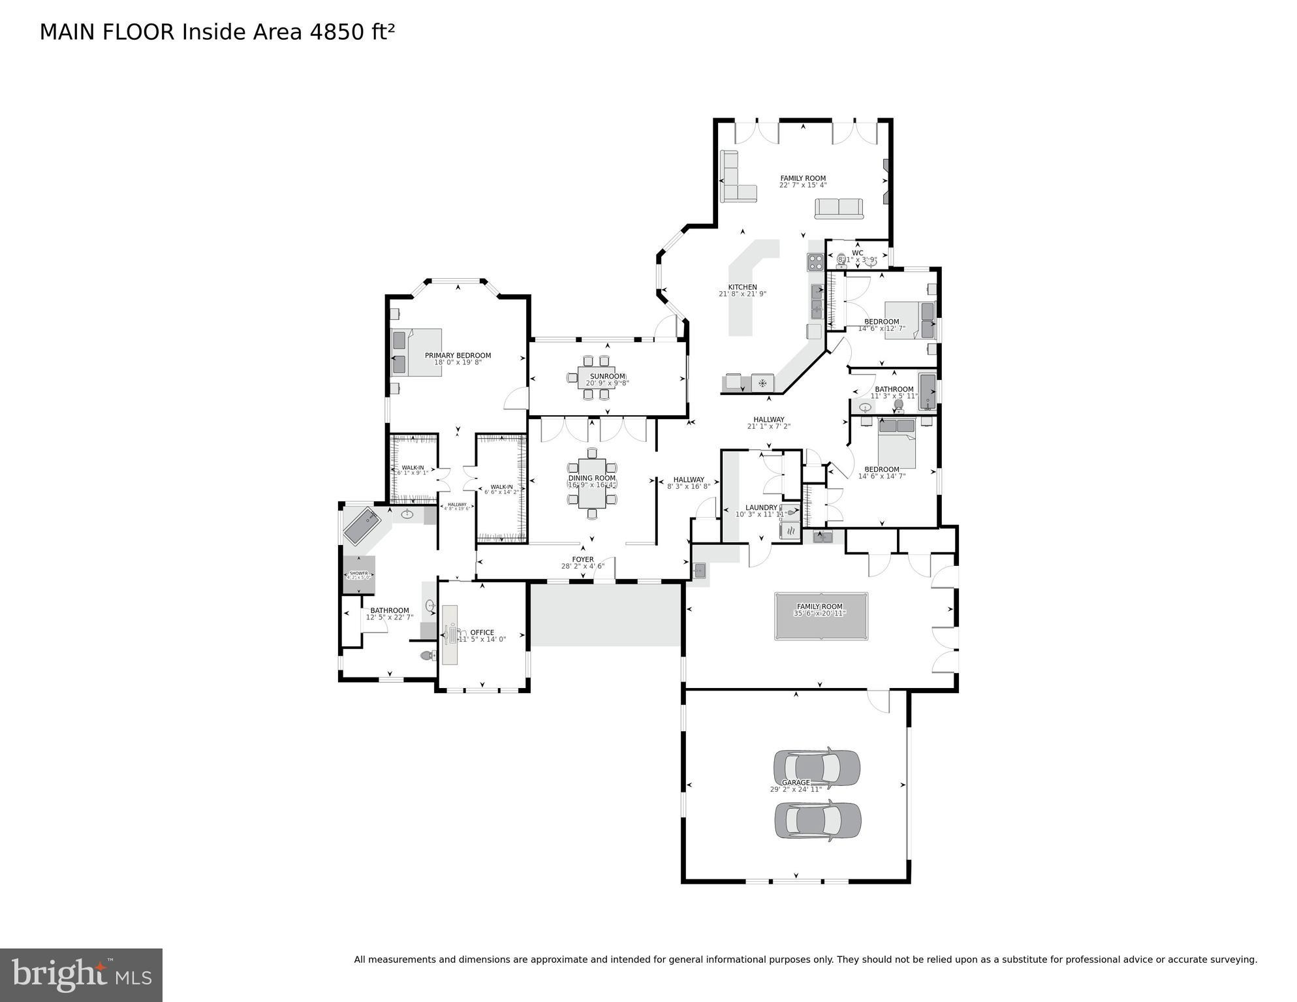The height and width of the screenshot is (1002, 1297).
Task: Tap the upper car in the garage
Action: pyautogui.click(x=816, y=766)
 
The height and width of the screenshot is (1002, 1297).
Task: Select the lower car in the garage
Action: pyautogui.click(x=817, y=820)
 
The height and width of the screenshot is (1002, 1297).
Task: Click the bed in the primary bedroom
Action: pyautogui.click(x=416, y=352)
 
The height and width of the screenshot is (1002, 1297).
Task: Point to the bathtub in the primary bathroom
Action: pyautogui.click(x=362, y=526)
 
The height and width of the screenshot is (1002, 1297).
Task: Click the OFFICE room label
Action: pyautogui.click(x=482, y=633)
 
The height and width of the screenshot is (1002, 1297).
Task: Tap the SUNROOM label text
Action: pyautogui.click(x=607, y=377)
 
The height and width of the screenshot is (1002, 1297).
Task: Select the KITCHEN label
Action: pyautogui.click(x=742, y=287)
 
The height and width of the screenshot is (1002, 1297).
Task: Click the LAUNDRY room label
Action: pyautogui.click(x=761, y=508)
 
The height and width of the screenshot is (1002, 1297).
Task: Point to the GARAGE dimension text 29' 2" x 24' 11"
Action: pyautogui.click(x=795, y=790)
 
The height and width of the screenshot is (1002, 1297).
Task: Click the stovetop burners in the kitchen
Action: pyautogui.click(x=816, y=262)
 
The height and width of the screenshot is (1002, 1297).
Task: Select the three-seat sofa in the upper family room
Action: pyautogui.click(x=838, y=208)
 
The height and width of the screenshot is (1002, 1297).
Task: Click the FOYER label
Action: pyautogui.click(x=582, y=559)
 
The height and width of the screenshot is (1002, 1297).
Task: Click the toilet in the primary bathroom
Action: pyautogui.click(x=428, y=655)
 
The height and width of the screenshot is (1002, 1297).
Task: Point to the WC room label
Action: pyautogui.click(x=857, y=253)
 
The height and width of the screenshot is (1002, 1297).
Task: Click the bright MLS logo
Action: pyautogui.click(x=81, y=975)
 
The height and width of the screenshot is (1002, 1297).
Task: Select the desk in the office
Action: pyautogui.click(x=450, y=634)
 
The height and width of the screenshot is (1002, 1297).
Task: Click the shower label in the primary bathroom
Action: pyautogui.click(x=358, y=573)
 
